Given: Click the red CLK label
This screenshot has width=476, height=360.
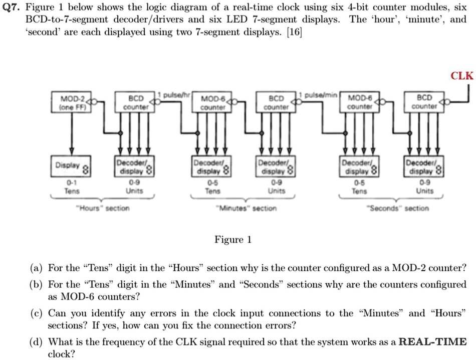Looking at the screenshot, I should pos(461,76).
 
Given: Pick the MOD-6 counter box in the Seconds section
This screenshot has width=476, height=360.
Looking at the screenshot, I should pos(359,102).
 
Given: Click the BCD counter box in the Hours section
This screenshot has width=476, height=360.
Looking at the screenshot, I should pos(136,102).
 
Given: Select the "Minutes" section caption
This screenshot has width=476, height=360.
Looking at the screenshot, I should pos(246,208).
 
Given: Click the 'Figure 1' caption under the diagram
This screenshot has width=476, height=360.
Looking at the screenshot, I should pos(232,240).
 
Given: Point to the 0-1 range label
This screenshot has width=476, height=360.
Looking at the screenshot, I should pos(71,184).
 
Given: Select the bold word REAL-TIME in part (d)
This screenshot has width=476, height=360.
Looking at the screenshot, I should pos(432,342).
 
